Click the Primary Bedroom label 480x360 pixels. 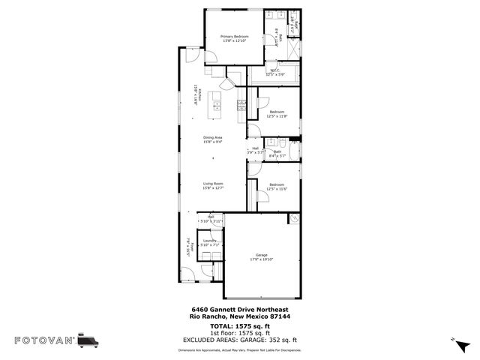coord(234,36)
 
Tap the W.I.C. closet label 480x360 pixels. coord(276,71)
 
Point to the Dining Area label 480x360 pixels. coord(213,138)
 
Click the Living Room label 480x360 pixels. coord(213,184)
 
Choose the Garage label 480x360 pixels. coord(262,256)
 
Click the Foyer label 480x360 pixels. coord(192,248)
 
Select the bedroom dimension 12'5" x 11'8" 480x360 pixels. coord(277,116)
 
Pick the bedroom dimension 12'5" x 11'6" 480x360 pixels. coord(277,188)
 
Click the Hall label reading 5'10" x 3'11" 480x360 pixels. coord(211,221)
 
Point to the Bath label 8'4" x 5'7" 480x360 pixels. coord(277,152)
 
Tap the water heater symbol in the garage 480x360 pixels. coord(293,219)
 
